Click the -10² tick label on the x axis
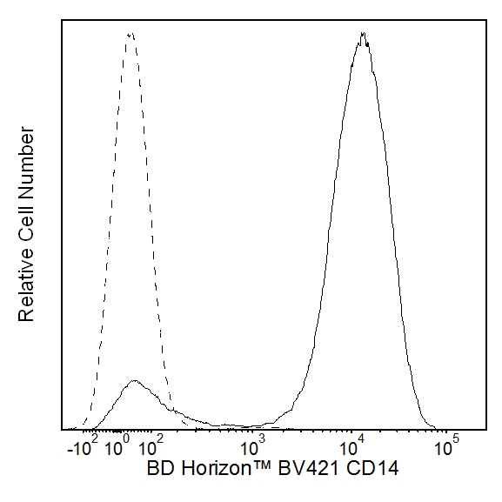[x=84, y=449]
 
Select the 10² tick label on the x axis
[x=150, y=449]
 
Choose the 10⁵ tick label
[x=446, y=449]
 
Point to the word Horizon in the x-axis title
[x=210, y=470]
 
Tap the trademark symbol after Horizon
[x=254, y=467]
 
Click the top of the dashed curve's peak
[x=131, y=34]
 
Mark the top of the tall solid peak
[x=363, y=35]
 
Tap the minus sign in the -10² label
[x=70, y=452]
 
